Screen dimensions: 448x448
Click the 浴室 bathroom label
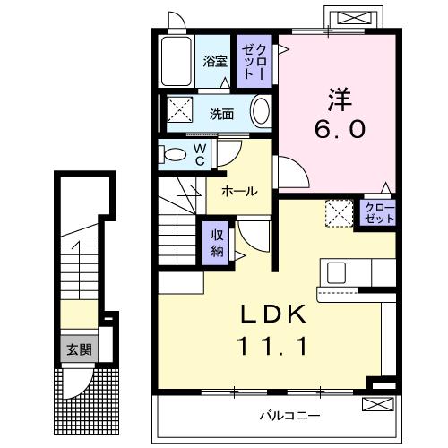coord(214,62)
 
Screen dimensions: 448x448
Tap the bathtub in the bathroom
coord(177,61)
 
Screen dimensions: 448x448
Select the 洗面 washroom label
coord(221,114)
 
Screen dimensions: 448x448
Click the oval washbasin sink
coord(260,112)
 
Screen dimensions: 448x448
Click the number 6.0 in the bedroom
coord(339,129)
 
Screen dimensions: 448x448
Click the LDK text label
coord(273,314)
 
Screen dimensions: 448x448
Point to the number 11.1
coord(272,345)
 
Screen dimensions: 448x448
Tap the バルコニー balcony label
coord(289,416)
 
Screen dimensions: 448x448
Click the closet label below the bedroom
coord(378,213)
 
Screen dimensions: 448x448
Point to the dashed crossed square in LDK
coord(338,213)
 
